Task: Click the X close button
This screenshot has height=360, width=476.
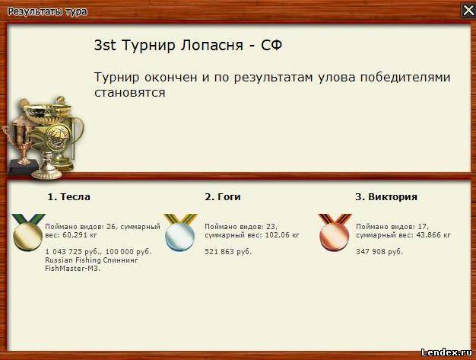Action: (x=468, y=11)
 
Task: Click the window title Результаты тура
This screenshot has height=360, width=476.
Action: (x=47, y=12)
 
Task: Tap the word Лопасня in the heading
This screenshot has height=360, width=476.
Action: (x=212, y=45)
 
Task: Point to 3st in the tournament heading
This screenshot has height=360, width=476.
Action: (x=105, y=45)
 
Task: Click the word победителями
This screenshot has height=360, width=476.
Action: (x=405, y=78)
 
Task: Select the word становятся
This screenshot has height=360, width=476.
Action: (x=129, y=92)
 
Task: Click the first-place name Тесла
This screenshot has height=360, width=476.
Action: (x=75, y=197)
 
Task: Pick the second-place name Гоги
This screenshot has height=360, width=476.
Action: (x=229, y=197)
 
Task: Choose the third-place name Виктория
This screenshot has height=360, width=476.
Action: (x=393, y=197)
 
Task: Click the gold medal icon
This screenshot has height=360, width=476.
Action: (x=27, y=232)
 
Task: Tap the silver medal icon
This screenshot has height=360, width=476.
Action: (x=180, y=232)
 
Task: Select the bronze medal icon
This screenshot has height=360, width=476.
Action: (x=335, y=232)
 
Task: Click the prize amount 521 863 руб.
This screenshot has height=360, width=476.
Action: (x=228, y=252)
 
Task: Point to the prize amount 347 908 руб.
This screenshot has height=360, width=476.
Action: (x=379, y=252)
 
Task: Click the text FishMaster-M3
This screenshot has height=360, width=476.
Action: (x=72, y=269)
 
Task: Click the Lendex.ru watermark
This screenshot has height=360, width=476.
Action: (x=446, y=352)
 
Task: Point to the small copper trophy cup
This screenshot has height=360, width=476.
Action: (x=20, y=143)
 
